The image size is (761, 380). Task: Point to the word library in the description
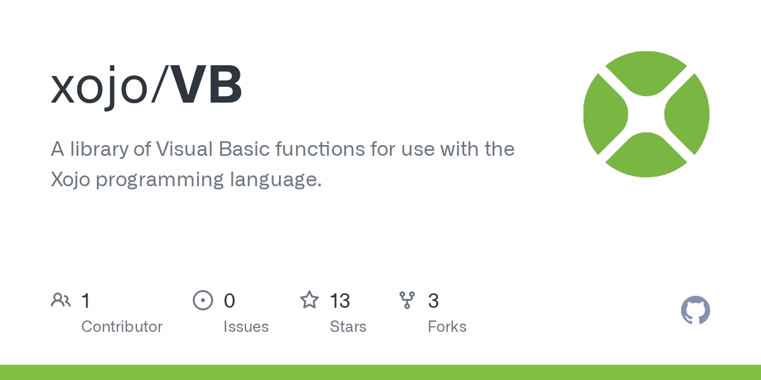click(x=96, y=150)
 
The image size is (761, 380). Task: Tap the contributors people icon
click(x=61, y=300)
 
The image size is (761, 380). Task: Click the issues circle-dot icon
click(x=203, y=300)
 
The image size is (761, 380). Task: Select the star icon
click(x=309, y=300)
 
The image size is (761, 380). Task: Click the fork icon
click(x=407, y=300)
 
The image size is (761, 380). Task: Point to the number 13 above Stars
click(x=340, y=301)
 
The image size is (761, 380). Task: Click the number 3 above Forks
click(x=433, y=301)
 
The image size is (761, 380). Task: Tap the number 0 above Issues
click(x=229, y=301)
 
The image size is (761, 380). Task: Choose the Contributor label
click(x=122, y=327)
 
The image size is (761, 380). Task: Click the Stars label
click(x=348, y=327)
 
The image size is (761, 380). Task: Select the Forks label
click(x=447, y=327)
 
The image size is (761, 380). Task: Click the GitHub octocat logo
click(x=695, y=310)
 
